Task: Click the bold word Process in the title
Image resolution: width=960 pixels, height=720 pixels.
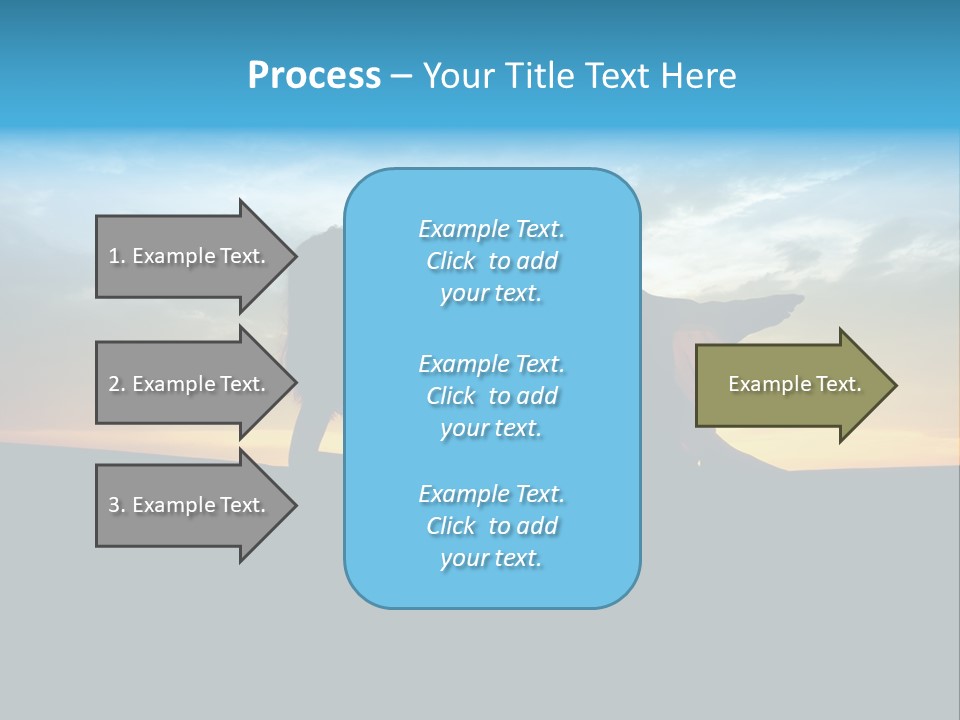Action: click(314, 76)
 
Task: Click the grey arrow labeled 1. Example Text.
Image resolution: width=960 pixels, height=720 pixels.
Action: click(190, 256)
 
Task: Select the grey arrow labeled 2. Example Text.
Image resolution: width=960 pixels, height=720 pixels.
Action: click(190, 384)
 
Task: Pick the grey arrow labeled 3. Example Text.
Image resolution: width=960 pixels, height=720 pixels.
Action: click(190, 505)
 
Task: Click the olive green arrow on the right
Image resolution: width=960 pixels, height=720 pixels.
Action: click(790, 384)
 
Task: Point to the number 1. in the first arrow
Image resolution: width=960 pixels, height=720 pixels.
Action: click(117, 256)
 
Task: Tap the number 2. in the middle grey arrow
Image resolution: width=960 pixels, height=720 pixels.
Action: click(117, 384)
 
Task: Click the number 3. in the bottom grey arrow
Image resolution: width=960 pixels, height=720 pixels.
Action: click(117, 505)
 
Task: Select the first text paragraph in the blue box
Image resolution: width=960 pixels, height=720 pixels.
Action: click(491, 261)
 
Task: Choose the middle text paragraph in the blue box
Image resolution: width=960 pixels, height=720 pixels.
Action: click(491, 396)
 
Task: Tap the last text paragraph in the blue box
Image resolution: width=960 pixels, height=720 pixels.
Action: click(491, 526)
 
